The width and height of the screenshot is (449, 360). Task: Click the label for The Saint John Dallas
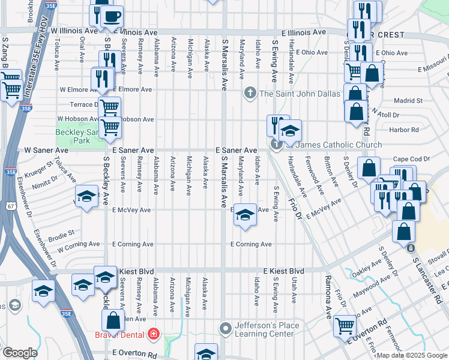(x=300, y=94)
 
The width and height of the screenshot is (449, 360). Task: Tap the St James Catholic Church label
(x=333, y=145)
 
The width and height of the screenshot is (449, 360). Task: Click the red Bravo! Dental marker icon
(x=154, y=333)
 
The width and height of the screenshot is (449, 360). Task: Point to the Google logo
(x=20, y=353)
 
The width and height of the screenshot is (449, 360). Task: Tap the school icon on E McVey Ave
(x=244, y=215)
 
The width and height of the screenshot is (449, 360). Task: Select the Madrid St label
(x=408, y=101)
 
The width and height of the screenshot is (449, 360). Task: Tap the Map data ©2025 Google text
(x=412, y=355)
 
